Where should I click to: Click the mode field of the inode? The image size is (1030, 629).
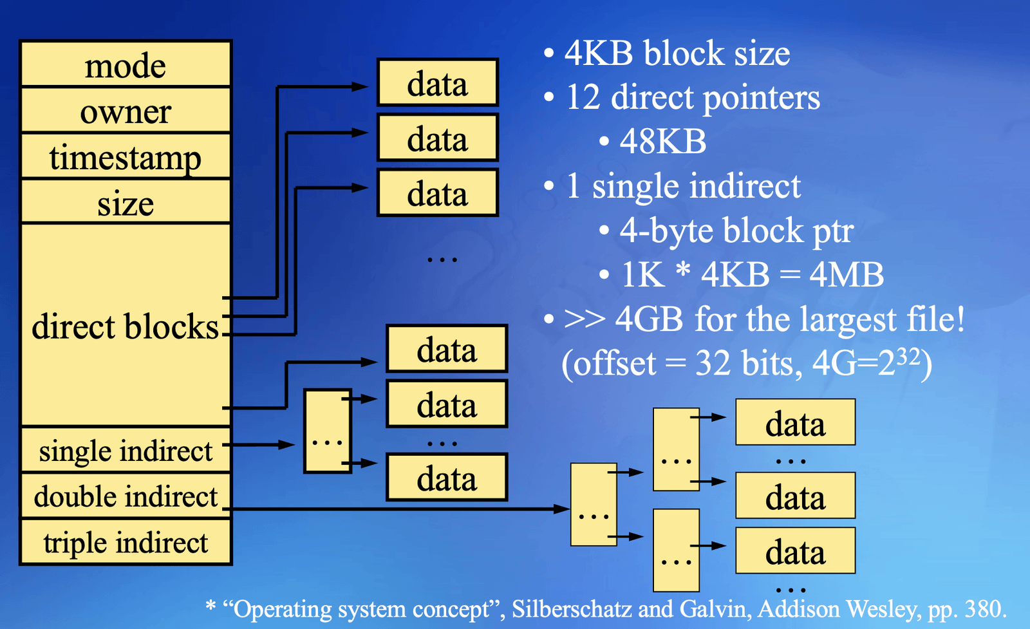(x=126, y=64)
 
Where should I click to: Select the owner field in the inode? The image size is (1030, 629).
(x=126, y=110)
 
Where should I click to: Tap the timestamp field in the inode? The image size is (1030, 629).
(x=126, y=156)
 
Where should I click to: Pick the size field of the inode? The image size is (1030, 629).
(x=126, y=202)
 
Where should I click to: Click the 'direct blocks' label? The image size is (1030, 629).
(x=125, y=326)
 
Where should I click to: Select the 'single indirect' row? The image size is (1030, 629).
(x=126, y=450)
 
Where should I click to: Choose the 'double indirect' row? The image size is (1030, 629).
(x=126, y=496)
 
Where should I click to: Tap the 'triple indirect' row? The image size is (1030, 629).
(x=126, y=542)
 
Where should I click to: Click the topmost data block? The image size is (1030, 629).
(x=437, y=82)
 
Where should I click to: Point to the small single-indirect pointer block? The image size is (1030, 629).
(x=328, y=431)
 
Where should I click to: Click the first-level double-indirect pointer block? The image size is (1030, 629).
(x=594, y=504)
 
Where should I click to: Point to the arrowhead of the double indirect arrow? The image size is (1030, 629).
(x=562, y=509)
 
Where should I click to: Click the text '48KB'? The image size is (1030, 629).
(x=662, y=141)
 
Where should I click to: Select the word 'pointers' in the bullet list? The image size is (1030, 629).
(x=762, y=98)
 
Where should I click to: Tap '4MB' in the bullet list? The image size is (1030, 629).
(x=846, y=274)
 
